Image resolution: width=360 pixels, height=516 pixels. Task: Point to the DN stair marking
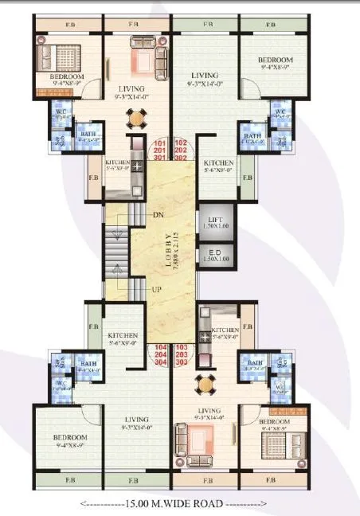point(158,215)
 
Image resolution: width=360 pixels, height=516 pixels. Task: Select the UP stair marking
point(158,290)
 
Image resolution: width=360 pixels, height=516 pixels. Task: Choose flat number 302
point(179,158)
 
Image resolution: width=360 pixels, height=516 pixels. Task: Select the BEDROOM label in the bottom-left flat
point(72,438)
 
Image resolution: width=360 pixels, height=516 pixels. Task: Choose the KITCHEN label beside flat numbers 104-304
point(123,336)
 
